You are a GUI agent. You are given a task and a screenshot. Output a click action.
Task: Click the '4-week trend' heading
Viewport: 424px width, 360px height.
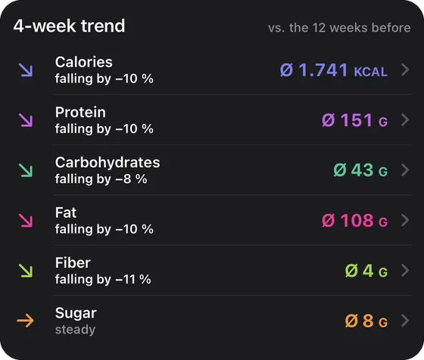click(69, 26)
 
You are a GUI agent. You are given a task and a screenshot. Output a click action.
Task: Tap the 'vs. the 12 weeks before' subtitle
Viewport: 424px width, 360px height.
click(339, 28)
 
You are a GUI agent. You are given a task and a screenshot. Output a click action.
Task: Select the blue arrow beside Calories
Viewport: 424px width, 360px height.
click(26, 70)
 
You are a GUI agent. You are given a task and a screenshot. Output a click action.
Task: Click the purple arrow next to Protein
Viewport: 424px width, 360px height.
click(26, 120)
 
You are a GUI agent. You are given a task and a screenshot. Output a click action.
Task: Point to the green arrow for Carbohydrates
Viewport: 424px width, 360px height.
click(26, 170)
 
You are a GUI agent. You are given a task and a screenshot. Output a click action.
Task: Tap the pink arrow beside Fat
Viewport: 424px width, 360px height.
click(26, 220)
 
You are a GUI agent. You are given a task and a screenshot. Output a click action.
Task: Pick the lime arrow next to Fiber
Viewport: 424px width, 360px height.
click(26, 271)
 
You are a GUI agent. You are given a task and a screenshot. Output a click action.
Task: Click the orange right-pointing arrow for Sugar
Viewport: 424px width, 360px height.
click(25, 321)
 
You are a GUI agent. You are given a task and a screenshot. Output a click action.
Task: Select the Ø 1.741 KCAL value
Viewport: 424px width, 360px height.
click(334, 70)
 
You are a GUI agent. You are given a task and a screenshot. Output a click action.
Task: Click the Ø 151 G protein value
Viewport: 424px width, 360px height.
click(355, 120)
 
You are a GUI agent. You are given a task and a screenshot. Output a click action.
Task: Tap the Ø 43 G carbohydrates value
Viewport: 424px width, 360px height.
click(360, 170)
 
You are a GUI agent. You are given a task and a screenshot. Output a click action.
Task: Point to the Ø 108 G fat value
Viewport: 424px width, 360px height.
click(355, 220)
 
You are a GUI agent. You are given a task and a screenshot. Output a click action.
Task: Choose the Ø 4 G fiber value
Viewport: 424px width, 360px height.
click(366, 271)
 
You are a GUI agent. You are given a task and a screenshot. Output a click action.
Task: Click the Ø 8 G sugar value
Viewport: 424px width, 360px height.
click(366, 321)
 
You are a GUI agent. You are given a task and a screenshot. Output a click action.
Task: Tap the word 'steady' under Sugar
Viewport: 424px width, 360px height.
click(75, 330)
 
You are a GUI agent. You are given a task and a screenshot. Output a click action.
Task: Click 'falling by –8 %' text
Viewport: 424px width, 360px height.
click(101, 178)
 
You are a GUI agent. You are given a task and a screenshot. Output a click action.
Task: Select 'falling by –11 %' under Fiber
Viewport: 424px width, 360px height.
click(103, 279)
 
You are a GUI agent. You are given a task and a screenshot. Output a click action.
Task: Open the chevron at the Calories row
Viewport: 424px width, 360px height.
click(405, 70)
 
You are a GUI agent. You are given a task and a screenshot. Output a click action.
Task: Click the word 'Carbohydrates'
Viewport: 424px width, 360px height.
click(108, 163)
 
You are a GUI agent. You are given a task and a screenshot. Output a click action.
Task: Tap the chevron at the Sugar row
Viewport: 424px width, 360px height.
click(405, 321)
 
